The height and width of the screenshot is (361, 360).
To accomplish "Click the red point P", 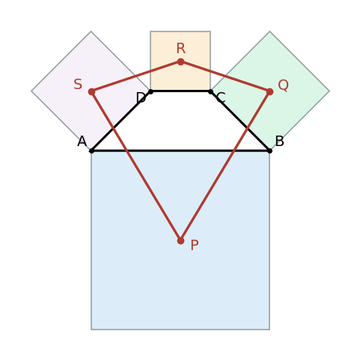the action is pyautogui.click(x=180, y=240).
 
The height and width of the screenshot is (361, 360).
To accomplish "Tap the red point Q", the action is pyautogui.click(x=269, y=91).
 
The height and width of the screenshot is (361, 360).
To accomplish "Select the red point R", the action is pyautogui.click(x=180, y=61).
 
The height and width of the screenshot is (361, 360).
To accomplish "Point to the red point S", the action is pyautogui.click(x=91, y=91).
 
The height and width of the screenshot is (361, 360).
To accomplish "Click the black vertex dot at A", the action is pyautogui.click(x=91, y=151).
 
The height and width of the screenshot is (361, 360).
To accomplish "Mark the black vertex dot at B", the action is pyautogui.click(x=269, y=151).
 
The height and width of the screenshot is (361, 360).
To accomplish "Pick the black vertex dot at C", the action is pyautogui.click(x=210, y=91).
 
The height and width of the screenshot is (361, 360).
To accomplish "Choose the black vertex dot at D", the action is pyautogui.click(x=150, y=91).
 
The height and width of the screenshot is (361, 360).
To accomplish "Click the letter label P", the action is pyautogui.click(x=195, y=245).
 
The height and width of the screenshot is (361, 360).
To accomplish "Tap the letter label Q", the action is pyautogui.click(x=283, y=85).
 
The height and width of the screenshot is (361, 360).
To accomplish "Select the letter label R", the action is pyautogui.click(x=181, y=48).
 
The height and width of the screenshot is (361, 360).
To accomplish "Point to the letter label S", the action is pyautogui.click(x=78, y=84).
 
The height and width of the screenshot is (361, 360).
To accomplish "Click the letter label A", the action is pyautogui.click(x=82, y=142).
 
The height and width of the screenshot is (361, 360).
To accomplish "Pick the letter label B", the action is pyautogui.click(x=279, y=142).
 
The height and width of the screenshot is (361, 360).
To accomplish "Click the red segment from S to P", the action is pyautogui.click(x=136, y=166).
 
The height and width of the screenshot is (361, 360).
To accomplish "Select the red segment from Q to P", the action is pyautogui.click(x=225, y=166).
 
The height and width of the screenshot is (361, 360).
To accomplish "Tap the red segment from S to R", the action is pyautogui.click(x=136, y=76).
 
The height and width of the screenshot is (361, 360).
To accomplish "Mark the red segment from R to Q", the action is pyautogui.click(x=225, y=76).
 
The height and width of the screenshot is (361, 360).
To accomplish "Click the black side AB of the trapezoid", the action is pyautogui.click(x=180, y=151).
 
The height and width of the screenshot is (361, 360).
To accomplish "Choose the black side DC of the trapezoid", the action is pyautogui.click(x=180, y=91).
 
